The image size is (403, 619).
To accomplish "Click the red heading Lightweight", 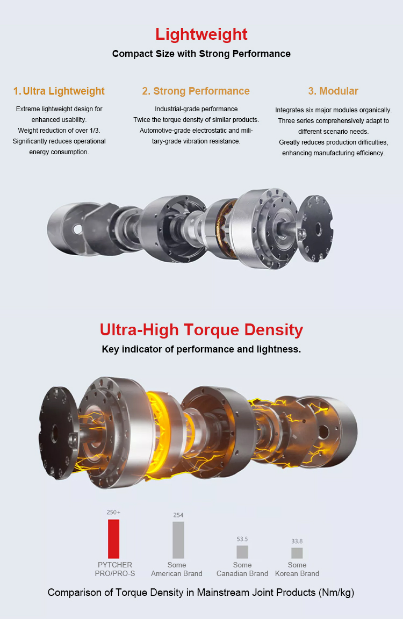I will (x=201, y=34).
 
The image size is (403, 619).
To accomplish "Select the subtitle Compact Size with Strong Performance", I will (x=201, y=54).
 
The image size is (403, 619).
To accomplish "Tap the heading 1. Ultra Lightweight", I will (x=59, y=91).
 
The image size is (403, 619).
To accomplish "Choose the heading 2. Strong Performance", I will (x=196, y=91).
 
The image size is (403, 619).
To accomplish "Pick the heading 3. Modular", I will (x=333, y=91).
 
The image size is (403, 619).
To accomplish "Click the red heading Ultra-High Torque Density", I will (x=201, y=329).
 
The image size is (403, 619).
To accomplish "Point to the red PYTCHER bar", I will (x=113, y=538).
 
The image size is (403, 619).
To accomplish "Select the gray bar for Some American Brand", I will (x=178, y=539).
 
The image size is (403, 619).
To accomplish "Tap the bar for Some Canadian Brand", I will (x=242, y=552).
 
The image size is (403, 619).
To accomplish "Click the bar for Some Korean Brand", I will (x=297, y=553).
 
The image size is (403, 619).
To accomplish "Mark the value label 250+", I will (x=113, y=513).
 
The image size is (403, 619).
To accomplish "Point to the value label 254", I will (x=178, y=515).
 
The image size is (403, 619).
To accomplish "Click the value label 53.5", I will (x=242, y=539).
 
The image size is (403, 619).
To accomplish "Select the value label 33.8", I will (x=297, y=541).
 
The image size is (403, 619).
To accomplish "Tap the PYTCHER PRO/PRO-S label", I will (x=115, y=569).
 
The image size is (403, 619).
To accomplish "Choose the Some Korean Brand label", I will (x=297, y=569).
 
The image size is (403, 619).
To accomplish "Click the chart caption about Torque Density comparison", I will (x=201, y=593).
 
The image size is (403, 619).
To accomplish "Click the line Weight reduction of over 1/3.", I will (x=59, y=131).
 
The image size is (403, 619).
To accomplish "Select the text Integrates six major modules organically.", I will (x=333, y=110).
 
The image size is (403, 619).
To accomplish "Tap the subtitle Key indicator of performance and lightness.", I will (x=201, y=349).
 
